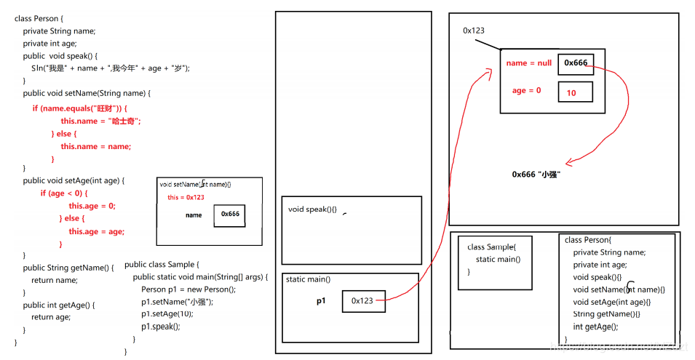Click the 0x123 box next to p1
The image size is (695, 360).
(x=363, y=301)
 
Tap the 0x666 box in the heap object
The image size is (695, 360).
(x=576, y=63)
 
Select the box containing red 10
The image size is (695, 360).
(x=575, y=92)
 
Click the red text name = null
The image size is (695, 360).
(x=528, y=63)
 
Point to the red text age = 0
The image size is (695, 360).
(x=526, y=91)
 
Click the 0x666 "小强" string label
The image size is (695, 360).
(x=536, y=175)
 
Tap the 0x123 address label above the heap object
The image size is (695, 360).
(x=474, y=31)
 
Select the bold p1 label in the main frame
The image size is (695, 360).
(x=321, y=300)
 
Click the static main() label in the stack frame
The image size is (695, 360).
(x=308, y=279)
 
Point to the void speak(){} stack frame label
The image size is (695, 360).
(x=312, y=209)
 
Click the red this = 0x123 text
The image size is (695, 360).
(x=186, y=197)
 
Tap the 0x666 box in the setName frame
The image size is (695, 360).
(x=230, y=215)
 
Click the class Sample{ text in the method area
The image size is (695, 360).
(x=491, y=247)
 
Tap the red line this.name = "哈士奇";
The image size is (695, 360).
(x=100, y=121)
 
